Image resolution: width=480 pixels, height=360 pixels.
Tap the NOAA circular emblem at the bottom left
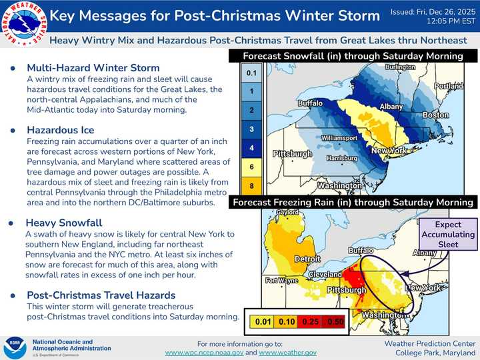coord(15,347)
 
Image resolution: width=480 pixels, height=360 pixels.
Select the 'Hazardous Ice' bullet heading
coord(60,129)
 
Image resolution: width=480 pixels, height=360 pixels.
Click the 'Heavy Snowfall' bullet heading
coord(63,223)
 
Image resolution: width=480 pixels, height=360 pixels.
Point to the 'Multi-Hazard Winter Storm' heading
coord(93,67)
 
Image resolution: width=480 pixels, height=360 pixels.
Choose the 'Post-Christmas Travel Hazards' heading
coord(101,295)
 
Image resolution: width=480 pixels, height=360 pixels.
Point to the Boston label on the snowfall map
coord(435,115)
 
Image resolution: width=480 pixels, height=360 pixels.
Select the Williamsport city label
coord(340,137)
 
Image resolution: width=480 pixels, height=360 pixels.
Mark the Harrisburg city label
coord(344,159)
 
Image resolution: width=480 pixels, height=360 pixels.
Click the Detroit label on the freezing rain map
coord(309,257)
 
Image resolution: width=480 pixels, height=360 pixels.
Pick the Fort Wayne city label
coord(281,280)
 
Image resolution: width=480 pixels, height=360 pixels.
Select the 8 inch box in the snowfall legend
coord(251,185)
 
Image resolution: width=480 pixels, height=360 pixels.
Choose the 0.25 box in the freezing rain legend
coord(309,321)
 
